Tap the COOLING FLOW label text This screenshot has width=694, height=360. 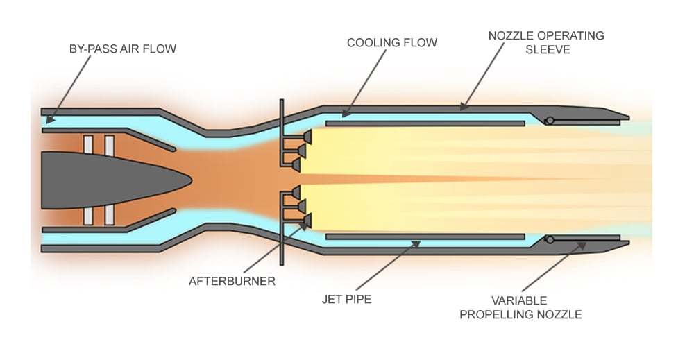point(392,43)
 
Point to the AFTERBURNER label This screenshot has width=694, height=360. point(232,282)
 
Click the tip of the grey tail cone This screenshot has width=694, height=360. point(191,179)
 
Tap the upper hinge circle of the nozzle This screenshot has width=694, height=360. point(549,121)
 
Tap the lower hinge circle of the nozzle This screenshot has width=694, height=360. point(549,239)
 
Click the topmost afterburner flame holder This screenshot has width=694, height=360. point(305,137)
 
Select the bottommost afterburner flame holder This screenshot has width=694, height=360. point(305,221)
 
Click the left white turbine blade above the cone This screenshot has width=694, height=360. point(88,144)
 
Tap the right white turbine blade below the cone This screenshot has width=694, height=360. point(110,214)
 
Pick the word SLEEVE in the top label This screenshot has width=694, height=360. point(545,50)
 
